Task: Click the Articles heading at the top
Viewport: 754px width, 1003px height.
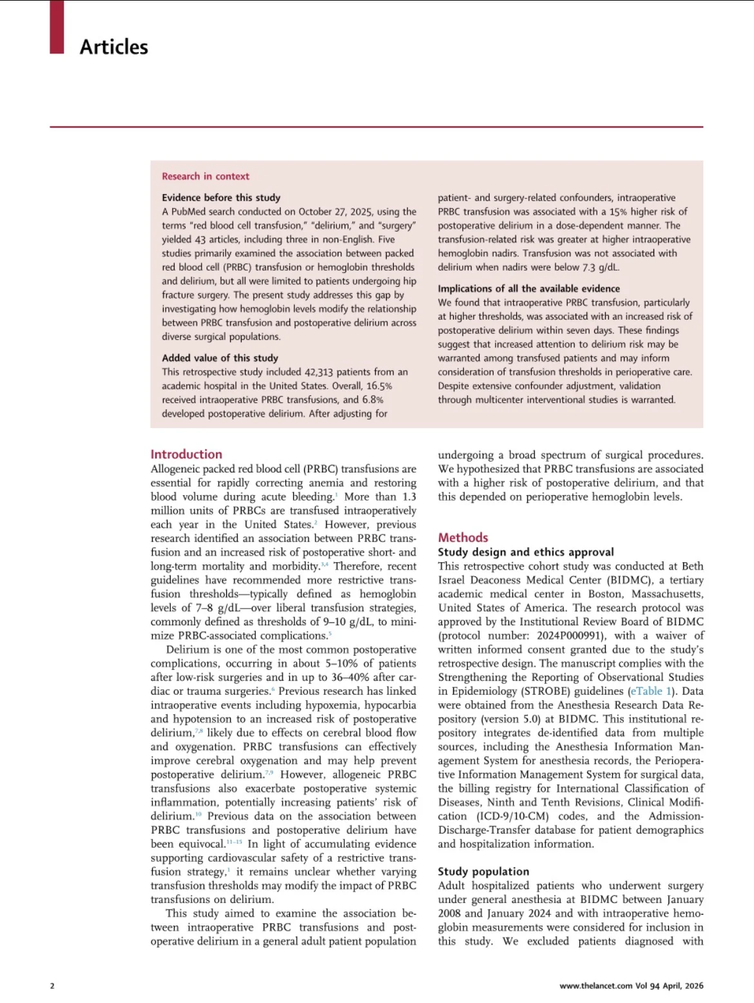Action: coord(113,47)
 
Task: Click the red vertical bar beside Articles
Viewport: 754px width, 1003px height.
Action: coord(57,26)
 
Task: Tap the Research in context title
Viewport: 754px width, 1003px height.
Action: coord(205,176)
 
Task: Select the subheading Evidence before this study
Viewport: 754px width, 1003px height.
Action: coord(221,197)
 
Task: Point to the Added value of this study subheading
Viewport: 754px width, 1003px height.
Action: coord(220,358)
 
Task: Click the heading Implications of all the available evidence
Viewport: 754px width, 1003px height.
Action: coord(528,288)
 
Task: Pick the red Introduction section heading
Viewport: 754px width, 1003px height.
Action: coord(186,454)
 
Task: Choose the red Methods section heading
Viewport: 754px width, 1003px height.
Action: coord(463,537)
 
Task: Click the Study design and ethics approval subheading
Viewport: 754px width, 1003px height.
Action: coord(526,552)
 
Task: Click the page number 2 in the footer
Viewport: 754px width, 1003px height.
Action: coord(52,986)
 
